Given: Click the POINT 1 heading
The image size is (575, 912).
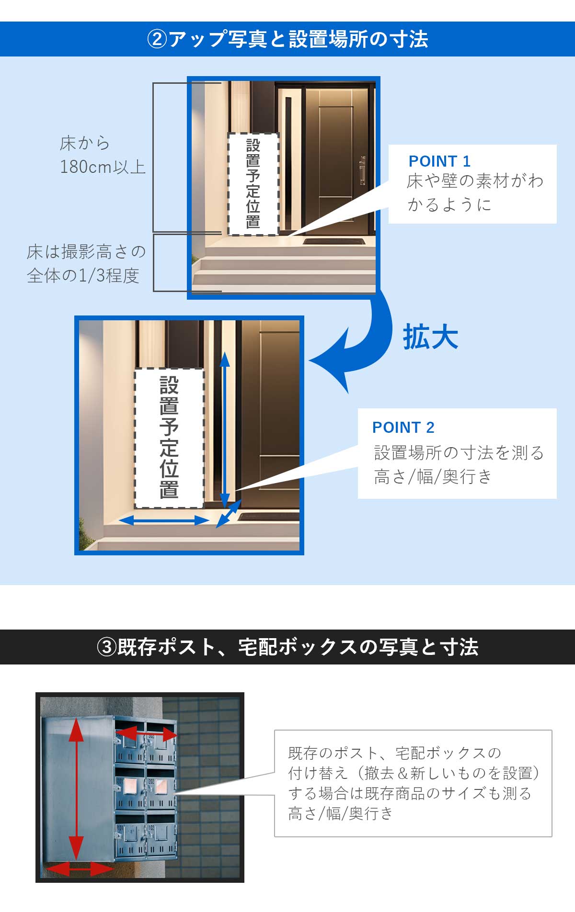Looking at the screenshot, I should click(x=439, y=161).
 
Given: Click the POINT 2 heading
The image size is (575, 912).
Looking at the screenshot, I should click(x=403, y=428).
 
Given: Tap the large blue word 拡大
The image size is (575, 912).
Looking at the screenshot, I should click(x=430, y=338).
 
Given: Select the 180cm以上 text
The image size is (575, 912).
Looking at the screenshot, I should click(x=103, y=167).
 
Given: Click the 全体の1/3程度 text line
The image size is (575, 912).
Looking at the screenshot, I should click(x=83, y=276).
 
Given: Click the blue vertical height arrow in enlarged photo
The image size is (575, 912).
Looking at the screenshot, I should click(x=225, y=431).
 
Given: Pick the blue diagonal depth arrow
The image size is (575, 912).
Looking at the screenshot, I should click(x=229, y=514).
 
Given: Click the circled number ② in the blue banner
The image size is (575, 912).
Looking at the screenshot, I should click(x=157, y=39).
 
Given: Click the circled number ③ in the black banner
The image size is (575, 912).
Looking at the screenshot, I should click(x=106, y=647).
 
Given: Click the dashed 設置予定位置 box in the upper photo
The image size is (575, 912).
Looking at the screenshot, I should click(x=253, y=184).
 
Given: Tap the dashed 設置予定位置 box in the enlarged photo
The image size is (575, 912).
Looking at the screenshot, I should click(x=169, y=438).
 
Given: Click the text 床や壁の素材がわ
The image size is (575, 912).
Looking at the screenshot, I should click(x=475, y=181).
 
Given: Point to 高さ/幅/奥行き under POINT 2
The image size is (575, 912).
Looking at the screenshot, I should click(x=433, y=477).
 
